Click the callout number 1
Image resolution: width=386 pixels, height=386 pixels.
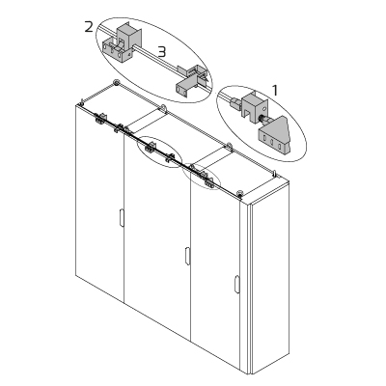coord(275,89)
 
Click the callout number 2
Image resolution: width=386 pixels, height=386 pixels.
coord(88,28)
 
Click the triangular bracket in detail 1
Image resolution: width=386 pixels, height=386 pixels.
coord(278,134)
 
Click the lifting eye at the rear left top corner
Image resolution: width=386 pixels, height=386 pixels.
coord(117,85)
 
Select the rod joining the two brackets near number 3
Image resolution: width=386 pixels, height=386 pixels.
coord(159,66)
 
